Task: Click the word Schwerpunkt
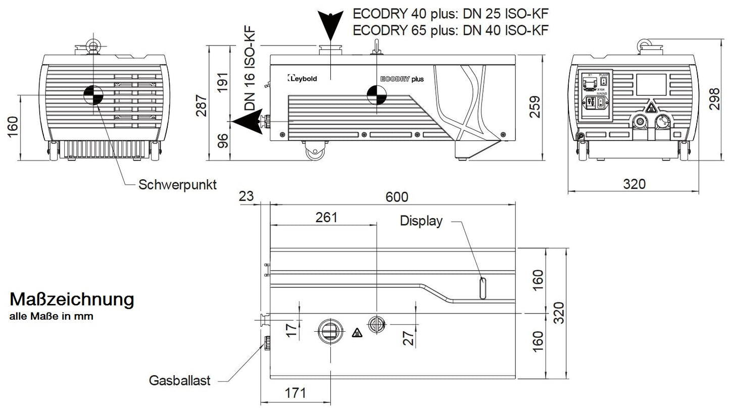point(177,185)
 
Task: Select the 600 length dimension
point(397,196)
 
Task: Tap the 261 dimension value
point(326,218)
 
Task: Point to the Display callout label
point(421,221)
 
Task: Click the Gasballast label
point(179,380)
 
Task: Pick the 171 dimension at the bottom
point(296,392)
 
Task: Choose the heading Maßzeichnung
point(72,299)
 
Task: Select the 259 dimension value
point(534,107)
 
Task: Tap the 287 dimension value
point(202,105)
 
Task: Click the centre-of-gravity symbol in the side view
point(375,94)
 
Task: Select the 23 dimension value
point(246,196)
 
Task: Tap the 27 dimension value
point(409,336)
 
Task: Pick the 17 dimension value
point(291,331)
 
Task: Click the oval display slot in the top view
point(483,288)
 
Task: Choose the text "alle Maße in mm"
point(52,317)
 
